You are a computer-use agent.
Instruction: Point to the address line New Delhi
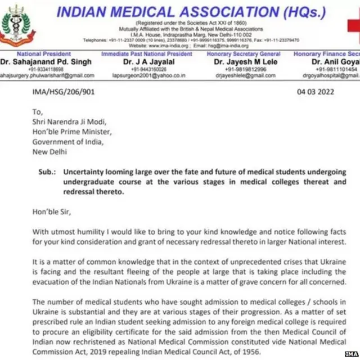(49, 151)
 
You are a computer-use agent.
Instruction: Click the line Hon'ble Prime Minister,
(71, 132)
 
